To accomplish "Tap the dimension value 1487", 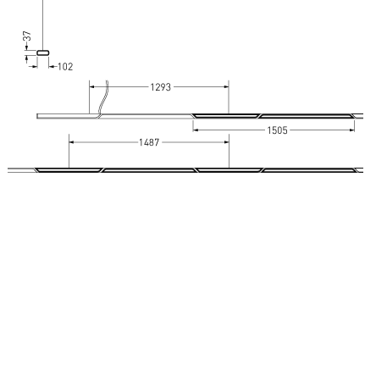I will click(x=149, y=143).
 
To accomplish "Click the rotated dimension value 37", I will click(x=27, y=37).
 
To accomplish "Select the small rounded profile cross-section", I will click(x=43, y=53).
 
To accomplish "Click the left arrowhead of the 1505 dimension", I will click(x=196, y=130).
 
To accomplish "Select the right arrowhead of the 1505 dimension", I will click(x=351, y=130).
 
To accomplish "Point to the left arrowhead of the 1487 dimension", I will click(x=71, y=143).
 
